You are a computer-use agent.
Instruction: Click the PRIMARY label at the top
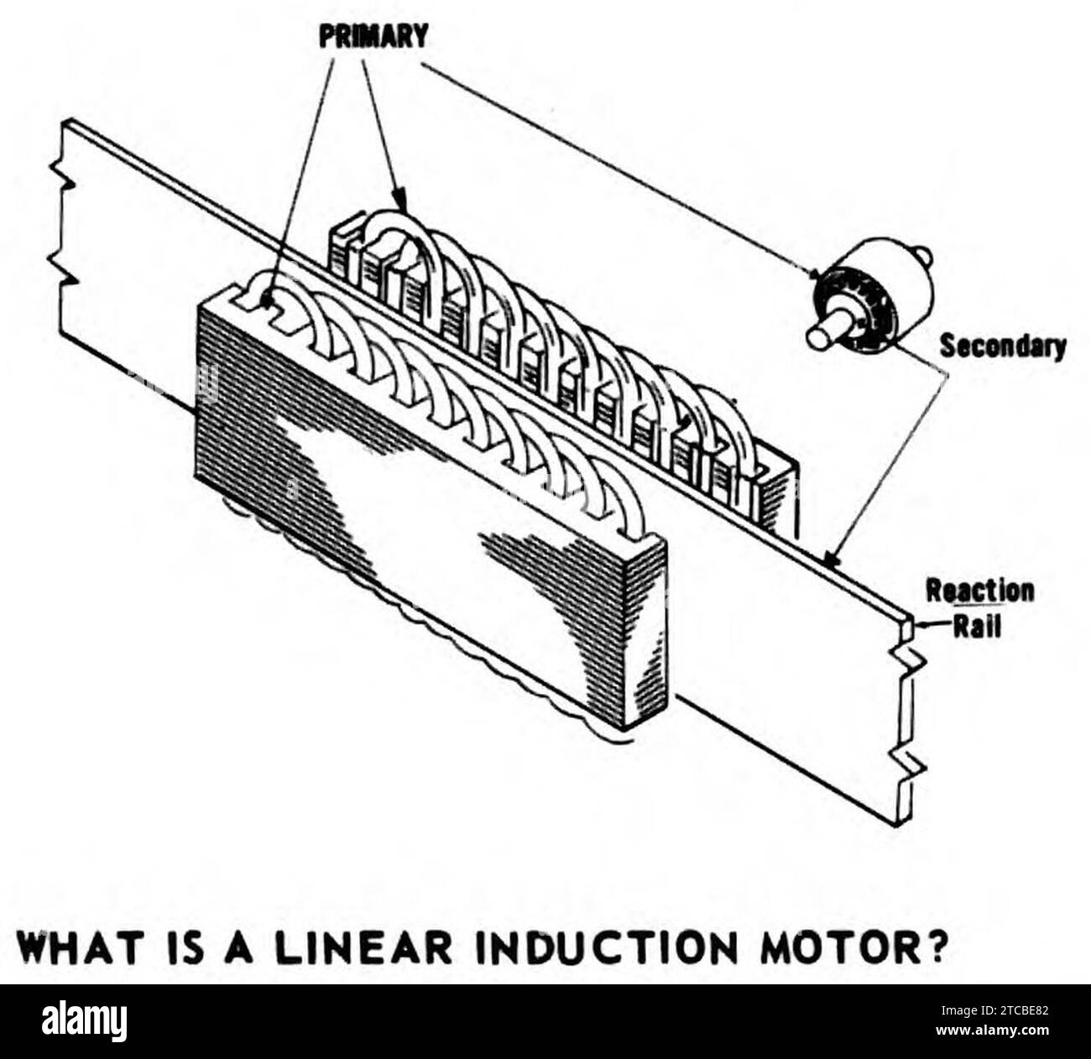(373, 36)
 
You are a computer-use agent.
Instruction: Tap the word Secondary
(1002, 345)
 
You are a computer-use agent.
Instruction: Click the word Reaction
(979, 591)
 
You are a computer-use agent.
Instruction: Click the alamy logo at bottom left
(84, 1021)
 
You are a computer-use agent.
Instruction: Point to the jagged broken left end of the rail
(64, 227)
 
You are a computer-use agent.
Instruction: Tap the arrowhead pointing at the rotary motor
(815, 274)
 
